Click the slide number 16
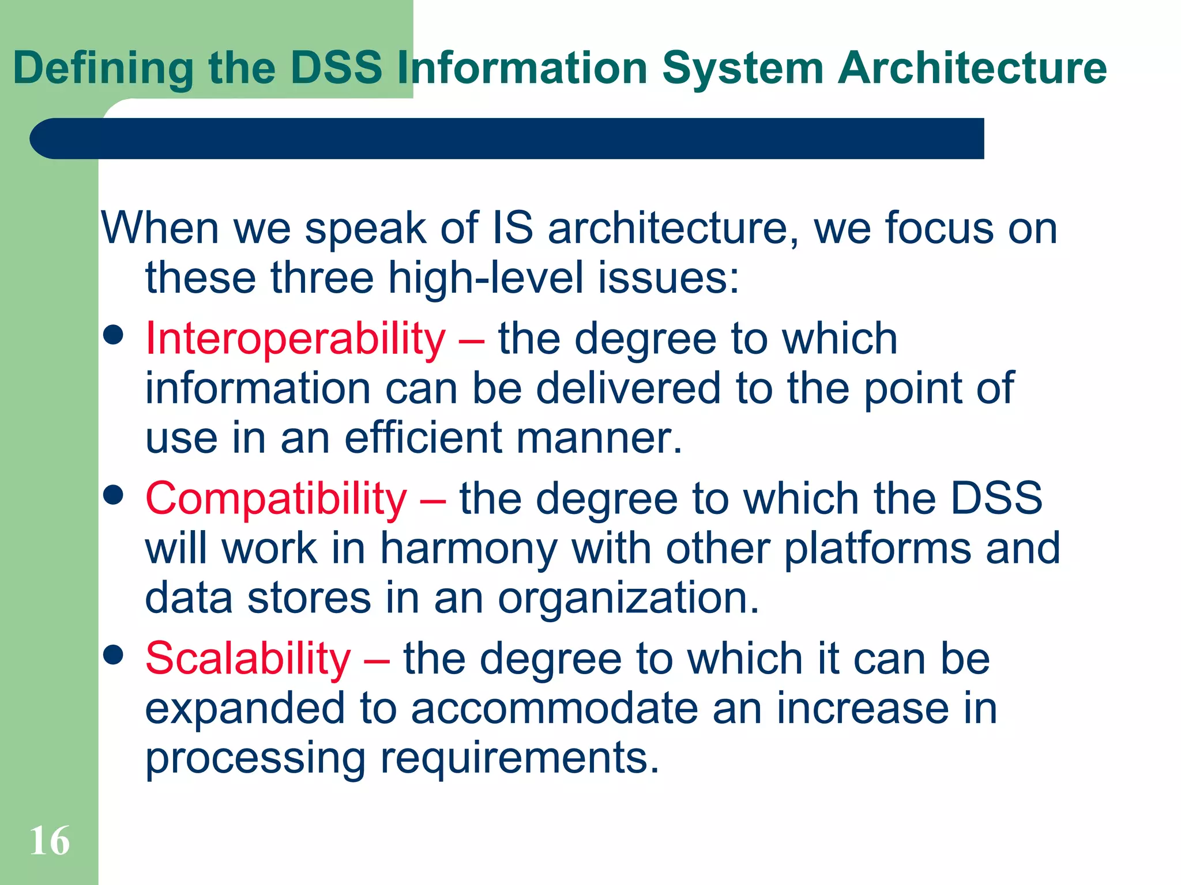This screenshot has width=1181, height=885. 50,841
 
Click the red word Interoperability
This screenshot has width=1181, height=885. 295,339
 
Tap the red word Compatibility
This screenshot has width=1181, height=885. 276,499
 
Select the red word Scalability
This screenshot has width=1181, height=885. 248,659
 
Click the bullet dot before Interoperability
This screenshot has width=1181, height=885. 114,335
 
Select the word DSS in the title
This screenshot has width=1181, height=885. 336,68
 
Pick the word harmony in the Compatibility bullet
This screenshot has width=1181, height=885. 468,549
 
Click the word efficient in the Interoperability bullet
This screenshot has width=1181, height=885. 423,438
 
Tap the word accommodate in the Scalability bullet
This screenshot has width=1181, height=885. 554,709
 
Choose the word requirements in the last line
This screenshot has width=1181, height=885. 519,759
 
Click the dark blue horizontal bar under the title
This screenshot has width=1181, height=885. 507,139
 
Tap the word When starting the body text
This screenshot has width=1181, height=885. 160,229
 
